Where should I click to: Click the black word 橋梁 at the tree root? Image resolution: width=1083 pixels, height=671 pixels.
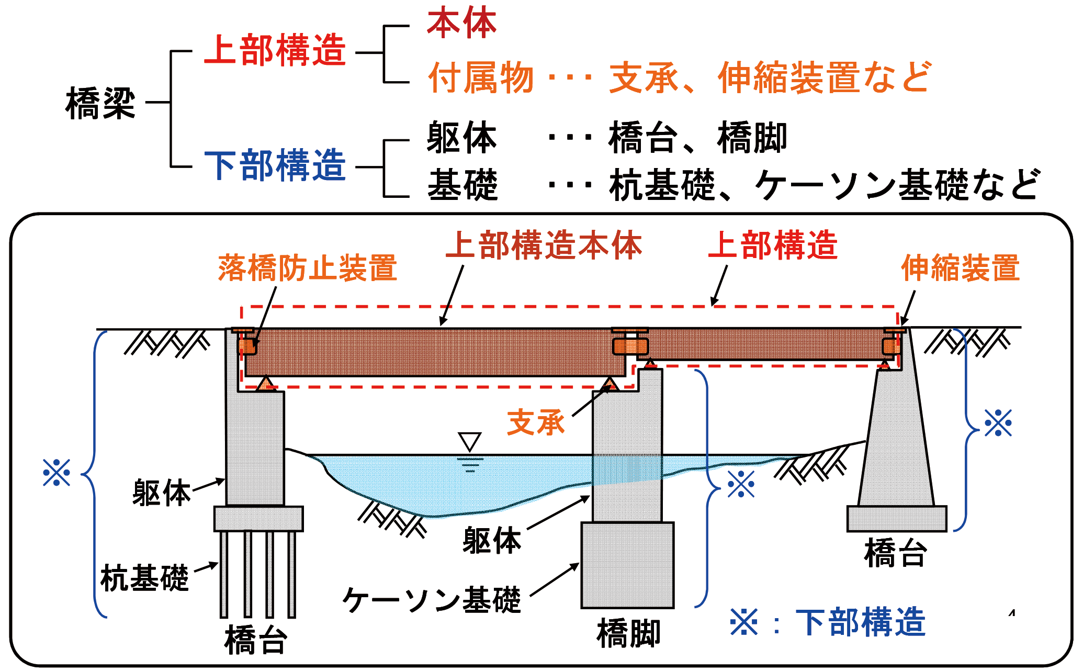tap(100, 103)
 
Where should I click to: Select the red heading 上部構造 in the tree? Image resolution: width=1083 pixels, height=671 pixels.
tap(275, 51)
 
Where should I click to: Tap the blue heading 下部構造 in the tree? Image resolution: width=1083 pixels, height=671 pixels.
tap(275, 165)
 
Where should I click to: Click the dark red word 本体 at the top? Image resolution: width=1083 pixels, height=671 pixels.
tap(461, 24)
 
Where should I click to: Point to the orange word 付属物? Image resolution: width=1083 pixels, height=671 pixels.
tap(480, 78)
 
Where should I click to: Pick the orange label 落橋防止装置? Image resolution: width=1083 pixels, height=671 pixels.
tap(308, 268)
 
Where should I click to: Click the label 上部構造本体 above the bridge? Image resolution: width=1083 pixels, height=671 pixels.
tap(544, 245)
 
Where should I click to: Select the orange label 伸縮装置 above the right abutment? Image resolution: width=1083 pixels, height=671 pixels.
tap(961, 268)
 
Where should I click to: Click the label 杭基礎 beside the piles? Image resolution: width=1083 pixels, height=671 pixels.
tap(144, 578)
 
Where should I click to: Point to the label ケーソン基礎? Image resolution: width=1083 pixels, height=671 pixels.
tap(432, 600)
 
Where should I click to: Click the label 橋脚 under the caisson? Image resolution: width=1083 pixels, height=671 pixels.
tap(628, 633)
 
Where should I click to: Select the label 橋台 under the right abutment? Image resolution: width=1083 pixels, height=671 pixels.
tap(896, 553)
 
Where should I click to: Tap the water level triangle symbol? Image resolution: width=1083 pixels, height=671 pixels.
tap(469, 441)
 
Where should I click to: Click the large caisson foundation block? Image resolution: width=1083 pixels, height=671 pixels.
tap(627, 565)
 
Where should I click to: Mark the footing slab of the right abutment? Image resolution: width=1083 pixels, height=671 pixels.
tap(897, 518)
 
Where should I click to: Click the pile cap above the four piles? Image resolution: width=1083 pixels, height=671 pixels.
tap(258, 518)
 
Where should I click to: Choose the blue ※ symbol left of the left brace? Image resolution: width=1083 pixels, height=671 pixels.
tap(57, 473)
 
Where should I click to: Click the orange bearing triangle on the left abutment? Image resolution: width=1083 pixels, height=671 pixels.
tap(266, 384)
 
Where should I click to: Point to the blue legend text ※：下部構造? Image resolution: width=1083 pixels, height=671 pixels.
tap(828, 623)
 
